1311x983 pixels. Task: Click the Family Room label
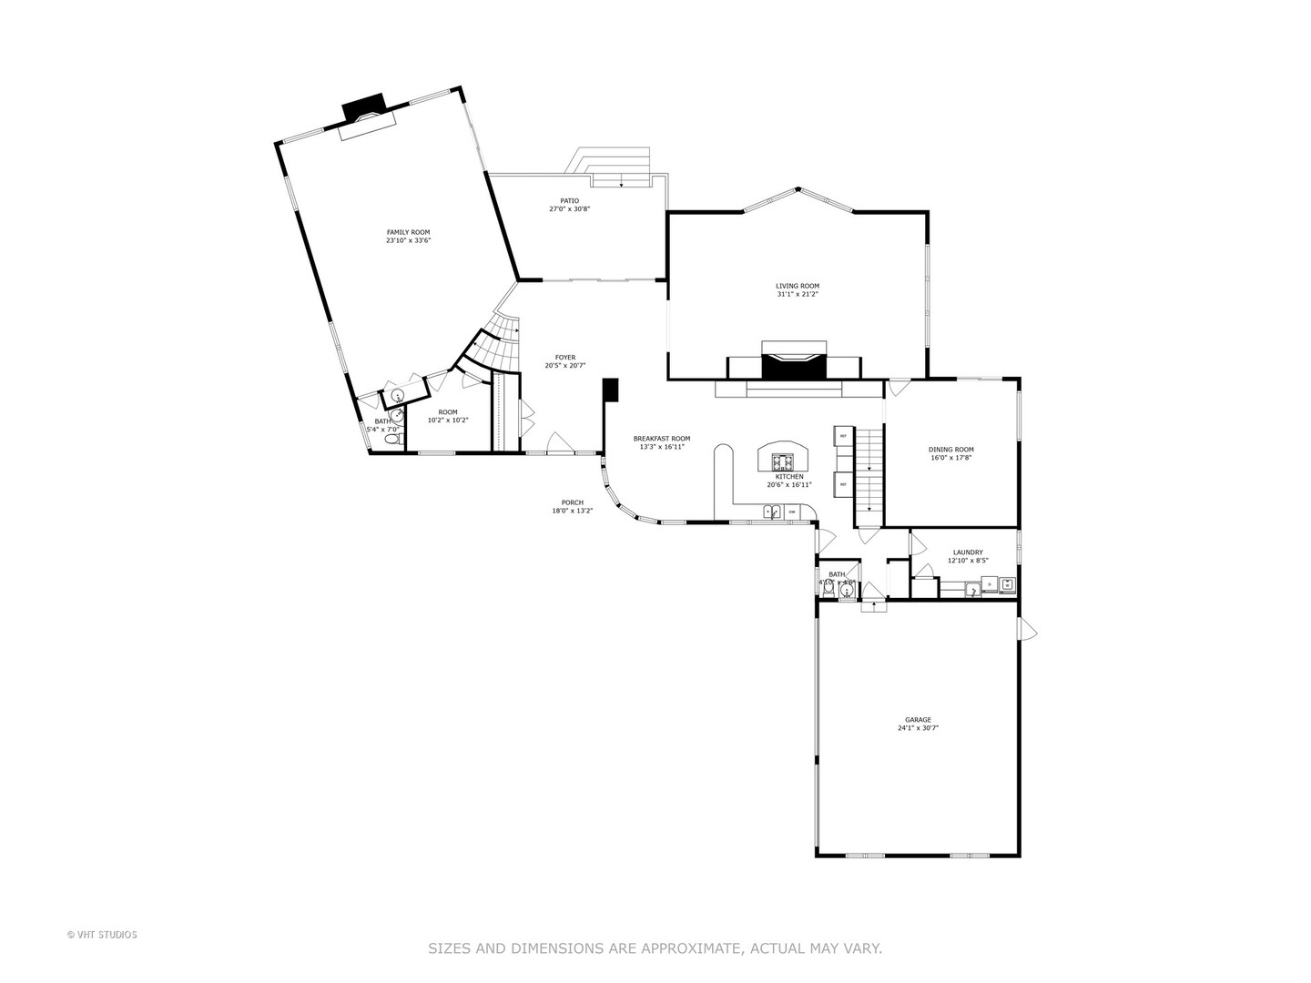408,232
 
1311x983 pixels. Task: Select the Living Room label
798,286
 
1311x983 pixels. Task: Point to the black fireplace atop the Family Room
363,107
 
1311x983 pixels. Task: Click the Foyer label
565,358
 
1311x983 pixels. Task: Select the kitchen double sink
772,513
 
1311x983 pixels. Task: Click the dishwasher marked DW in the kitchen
792,513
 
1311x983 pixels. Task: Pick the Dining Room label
951,450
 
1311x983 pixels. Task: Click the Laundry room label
968,552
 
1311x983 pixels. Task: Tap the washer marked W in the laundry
1007,584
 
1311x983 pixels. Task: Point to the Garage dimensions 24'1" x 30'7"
918,728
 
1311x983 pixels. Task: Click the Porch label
573,502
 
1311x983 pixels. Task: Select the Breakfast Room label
662,439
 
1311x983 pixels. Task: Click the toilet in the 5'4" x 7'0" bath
391,440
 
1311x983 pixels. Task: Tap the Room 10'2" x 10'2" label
448,412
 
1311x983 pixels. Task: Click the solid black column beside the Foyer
610,390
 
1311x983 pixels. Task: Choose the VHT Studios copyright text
102,935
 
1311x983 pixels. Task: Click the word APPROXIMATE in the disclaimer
691,948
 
